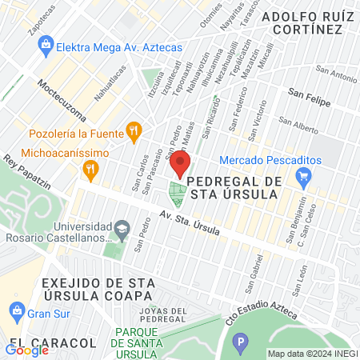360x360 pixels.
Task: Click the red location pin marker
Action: (x=179, y=165)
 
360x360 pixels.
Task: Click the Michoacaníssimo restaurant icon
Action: (x=90, y=167)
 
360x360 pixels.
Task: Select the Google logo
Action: (x=27, y=350)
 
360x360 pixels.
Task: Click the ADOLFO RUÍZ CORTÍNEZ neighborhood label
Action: (x=308, y=22)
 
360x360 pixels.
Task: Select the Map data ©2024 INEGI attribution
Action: (x=312, y=354)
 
